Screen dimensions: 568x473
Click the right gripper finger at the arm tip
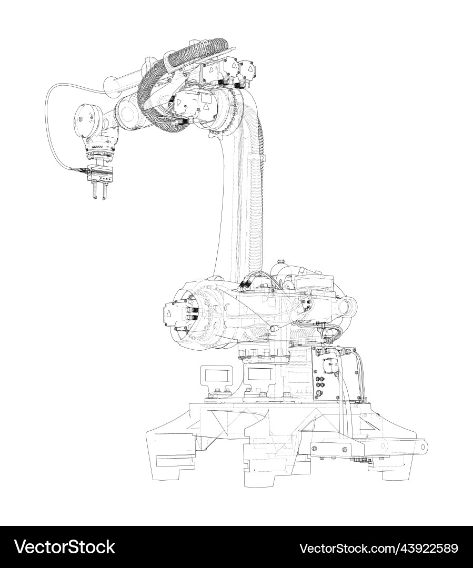(x=104, y=191)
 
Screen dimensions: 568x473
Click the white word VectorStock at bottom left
(x=65, y=547)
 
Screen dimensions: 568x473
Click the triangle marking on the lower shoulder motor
(x=169, y=315)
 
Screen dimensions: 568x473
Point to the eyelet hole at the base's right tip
(x=422, y=447)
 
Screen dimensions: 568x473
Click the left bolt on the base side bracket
(x=315, y=449)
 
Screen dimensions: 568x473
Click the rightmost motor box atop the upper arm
(x=245, y=69)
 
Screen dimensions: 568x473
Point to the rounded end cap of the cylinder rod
(x=109, y=84)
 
